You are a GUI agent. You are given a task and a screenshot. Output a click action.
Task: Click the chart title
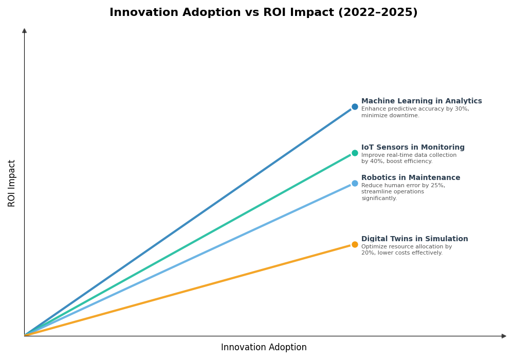click(x=263, y=12)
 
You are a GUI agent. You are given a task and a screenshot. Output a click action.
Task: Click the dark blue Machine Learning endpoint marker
click(x=355, y=107)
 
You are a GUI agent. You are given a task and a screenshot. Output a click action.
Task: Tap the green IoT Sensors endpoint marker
click(x=355, y=153)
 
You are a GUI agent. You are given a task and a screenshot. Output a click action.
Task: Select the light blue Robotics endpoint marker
click(x=355, y=183)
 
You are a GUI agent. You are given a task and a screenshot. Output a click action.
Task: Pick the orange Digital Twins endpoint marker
click(x=355, y=244)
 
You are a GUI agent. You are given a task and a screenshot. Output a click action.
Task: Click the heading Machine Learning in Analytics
click(x=421, y=101)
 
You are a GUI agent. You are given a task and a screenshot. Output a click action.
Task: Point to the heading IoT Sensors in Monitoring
click(x=413, y=148)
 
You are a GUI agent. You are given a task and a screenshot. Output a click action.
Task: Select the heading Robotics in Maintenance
click(x=411, y=178)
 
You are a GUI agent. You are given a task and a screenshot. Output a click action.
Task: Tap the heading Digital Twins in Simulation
click(x=414, y=239)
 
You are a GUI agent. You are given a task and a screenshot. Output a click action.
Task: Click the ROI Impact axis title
click(x=12, y=183)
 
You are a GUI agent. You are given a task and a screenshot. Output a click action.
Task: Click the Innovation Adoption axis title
click(x=264, y=348)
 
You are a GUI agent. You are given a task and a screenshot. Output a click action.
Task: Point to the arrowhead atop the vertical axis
click(x=24, y=31)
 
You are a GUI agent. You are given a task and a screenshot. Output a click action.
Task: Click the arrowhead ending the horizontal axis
click(x=504, y=336)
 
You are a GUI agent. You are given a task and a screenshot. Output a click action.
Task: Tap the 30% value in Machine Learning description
click(x=462, y=109)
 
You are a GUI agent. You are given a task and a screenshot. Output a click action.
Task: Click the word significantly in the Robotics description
click(x=379, y=199)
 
